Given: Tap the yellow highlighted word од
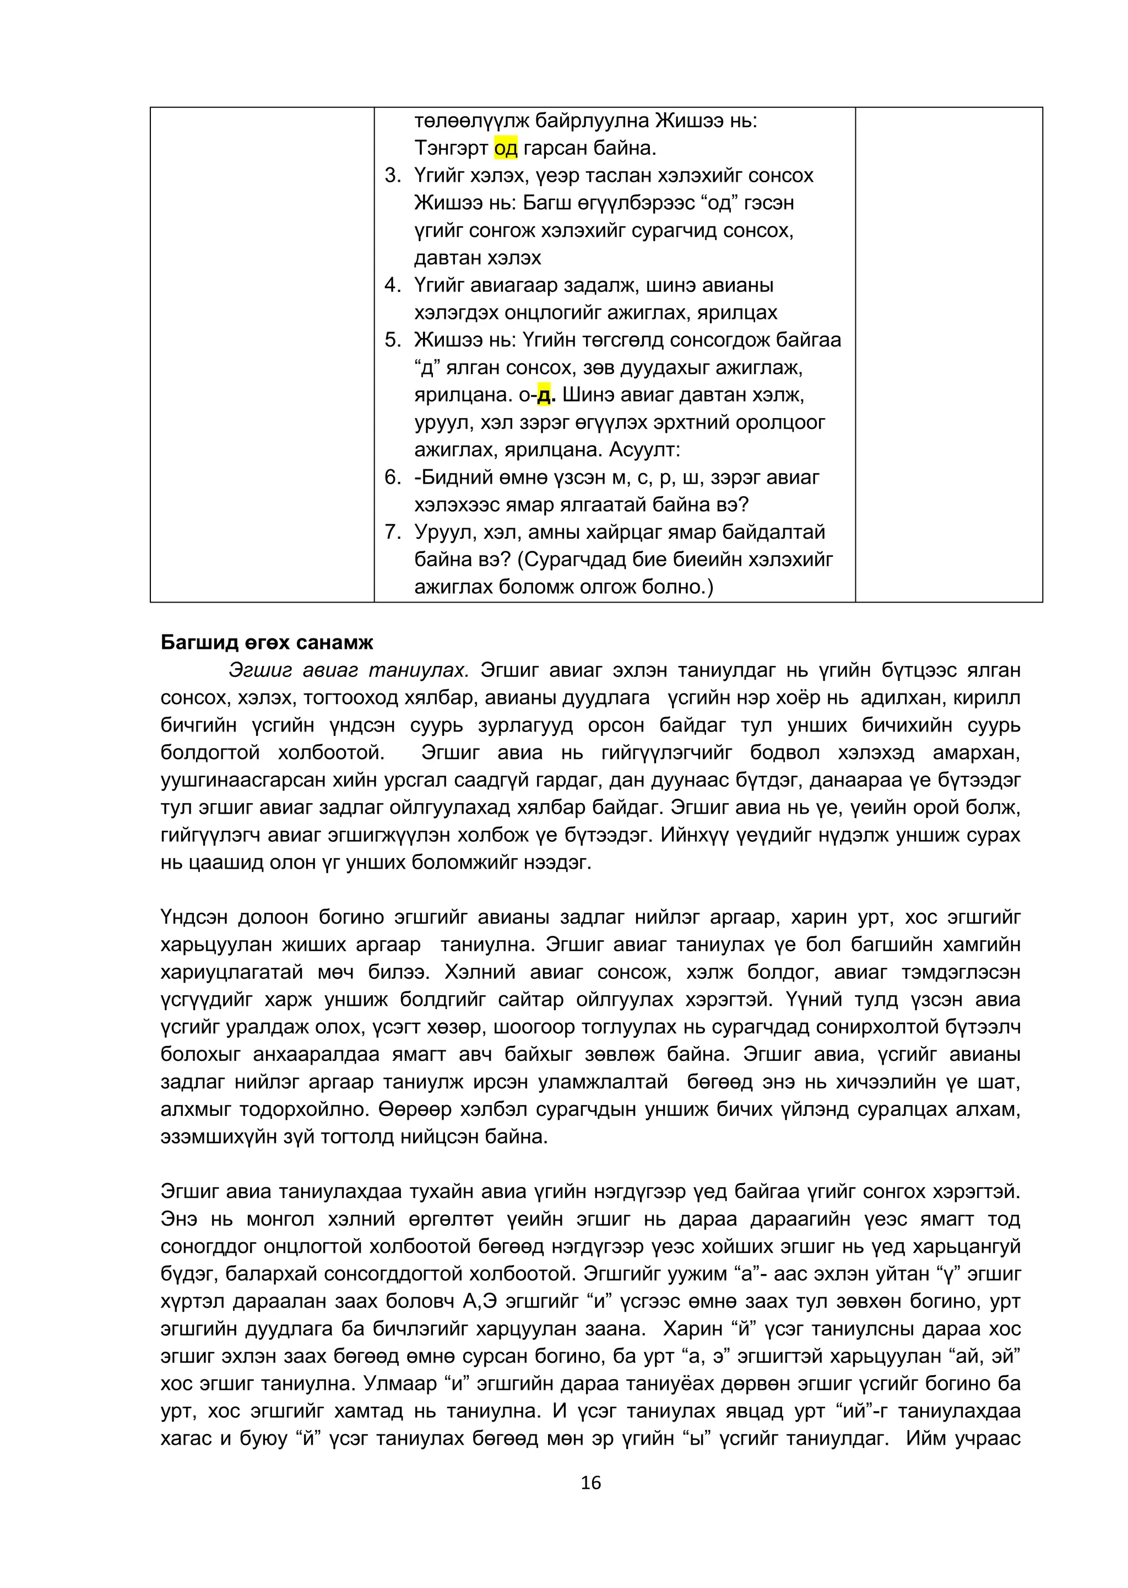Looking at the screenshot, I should point(505,148).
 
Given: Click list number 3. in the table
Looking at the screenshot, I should point(393,176).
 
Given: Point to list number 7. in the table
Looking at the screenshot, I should point(393,532).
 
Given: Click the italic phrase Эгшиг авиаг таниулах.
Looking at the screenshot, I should point(349,670).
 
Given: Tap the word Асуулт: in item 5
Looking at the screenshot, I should point(644,450).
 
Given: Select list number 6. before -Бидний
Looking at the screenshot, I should point(393,477).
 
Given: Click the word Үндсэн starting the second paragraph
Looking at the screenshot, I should point(194,918).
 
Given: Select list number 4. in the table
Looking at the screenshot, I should point(393,285).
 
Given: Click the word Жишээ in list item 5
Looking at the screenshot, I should point(447,340).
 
